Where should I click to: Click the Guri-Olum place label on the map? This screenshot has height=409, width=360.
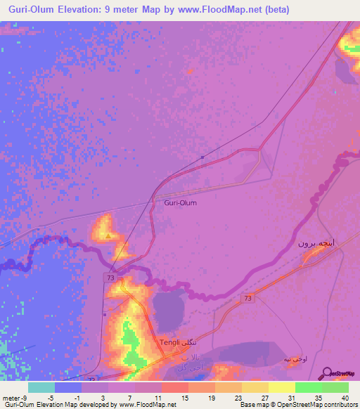click(180, 202)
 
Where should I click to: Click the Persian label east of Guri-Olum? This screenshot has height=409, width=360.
click(312, 243)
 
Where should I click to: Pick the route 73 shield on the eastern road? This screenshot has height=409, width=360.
click(248, 299)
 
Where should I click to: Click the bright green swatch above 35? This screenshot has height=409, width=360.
click(308, 387)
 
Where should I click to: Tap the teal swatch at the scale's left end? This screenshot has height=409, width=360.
click(41, 387)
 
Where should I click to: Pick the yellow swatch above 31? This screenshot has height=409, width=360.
click(281, 387)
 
